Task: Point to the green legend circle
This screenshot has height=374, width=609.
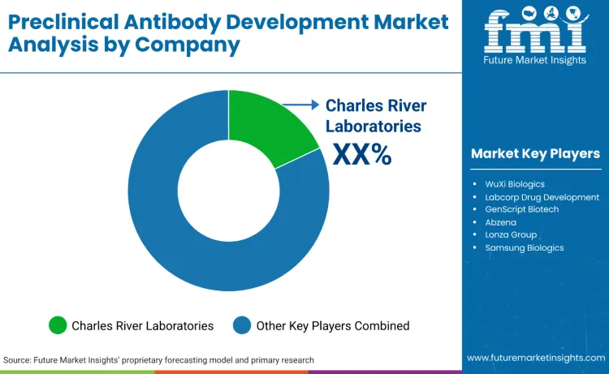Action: pyautogui.click(x=58, y=325)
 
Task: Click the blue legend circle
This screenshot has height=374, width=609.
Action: pyautogui.click(x=242, y=325)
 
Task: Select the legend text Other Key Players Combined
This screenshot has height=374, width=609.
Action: pyautogui.click(x=332, y=325)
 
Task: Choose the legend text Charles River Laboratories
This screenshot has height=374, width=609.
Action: pyautogui.click(x=142, y=325)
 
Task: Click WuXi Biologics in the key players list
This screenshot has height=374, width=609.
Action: pyautogui.click(x=516, y=184)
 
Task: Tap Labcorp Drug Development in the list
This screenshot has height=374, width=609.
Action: pyautogui.click(x=542, y=197)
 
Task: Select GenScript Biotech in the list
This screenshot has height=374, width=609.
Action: pyautogui.click(x=522, y=209)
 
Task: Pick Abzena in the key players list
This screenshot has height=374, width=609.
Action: pyautogui.click(x=502, y=222)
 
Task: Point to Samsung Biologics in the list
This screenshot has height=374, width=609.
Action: pyautogui.click(x=524, y=247)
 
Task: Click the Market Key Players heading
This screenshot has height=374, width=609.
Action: pyautogui.click(x=535, y=153)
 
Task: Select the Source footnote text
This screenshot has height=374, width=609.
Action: pyautogui.click(x=158, y=359)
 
